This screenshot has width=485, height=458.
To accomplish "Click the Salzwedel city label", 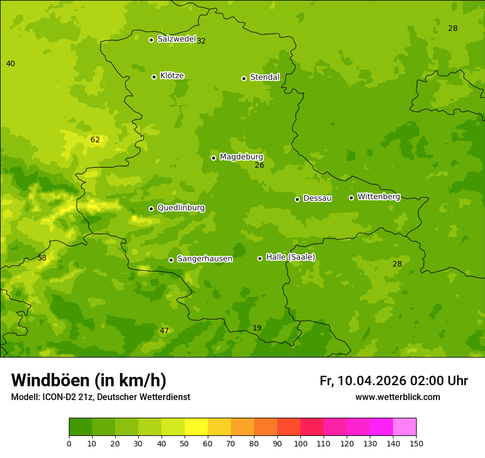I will pyautogui.click(x=176, y=39).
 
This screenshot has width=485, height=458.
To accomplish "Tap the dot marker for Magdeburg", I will pyautogui.click(x=213, y=158).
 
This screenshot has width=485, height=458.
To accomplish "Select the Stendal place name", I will pyautogui.click(x=265, y=77).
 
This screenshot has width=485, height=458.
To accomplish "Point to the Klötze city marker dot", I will pyautogui.click(x=154, y=77).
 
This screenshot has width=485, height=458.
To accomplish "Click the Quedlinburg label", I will pyautogui.click(x=181, y=208).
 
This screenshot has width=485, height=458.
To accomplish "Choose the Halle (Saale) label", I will pyautogui.click(x=290, y=257).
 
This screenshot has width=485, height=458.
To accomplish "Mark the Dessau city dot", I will pyautogui.click(x=297, y=199).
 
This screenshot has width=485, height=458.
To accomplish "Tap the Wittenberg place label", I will pyautogui.click(x=379, y=196).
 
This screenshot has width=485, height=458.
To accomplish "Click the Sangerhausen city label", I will pyautogui.click(x=204, y=259).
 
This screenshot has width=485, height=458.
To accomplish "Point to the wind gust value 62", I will pyautogui.click(x=95, y=140).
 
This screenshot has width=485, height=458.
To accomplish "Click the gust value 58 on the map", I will pyautogui.click(x=42, y=258).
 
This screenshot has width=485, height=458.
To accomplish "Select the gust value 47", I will pyautogui.click(x=164, y=331).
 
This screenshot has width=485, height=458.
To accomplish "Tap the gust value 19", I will pyautogui.click(x=257, y=328).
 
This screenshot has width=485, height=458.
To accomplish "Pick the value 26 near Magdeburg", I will pyautogui.click(x=260, y=166).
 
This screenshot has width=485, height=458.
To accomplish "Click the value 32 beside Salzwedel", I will pyautogui.click(x=201, y=41).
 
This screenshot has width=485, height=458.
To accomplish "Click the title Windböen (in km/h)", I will pyautogui.click(x=89, y=380).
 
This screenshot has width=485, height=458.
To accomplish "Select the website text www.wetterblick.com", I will pyautogui.click(x=397, y=397).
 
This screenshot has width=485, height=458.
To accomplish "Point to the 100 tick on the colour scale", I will pyautogui.click(x=300, y=443).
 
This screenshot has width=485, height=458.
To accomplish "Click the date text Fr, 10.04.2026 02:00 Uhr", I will pyautogui.click(x=394, y=381).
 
